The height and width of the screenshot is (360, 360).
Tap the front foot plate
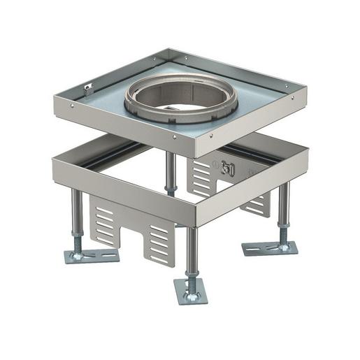191,292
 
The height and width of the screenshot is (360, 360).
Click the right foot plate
271,248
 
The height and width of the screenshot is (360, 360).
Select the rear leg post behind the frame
170,172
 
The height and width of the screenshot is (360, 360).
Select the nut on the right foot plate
283,245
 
